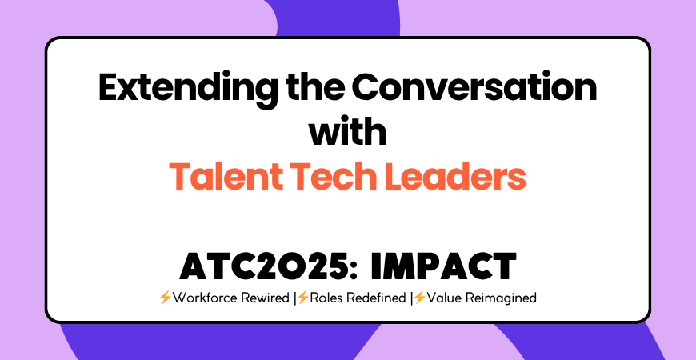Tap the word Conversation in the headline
coord(469,87)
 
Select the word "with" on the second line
coord(348,130)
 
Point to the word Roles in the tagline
coord(327,298)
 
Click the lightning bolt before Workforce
coord(165,298)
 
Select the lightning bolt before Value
coord(418,298)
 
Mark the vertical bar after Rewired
coord(294,298)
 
